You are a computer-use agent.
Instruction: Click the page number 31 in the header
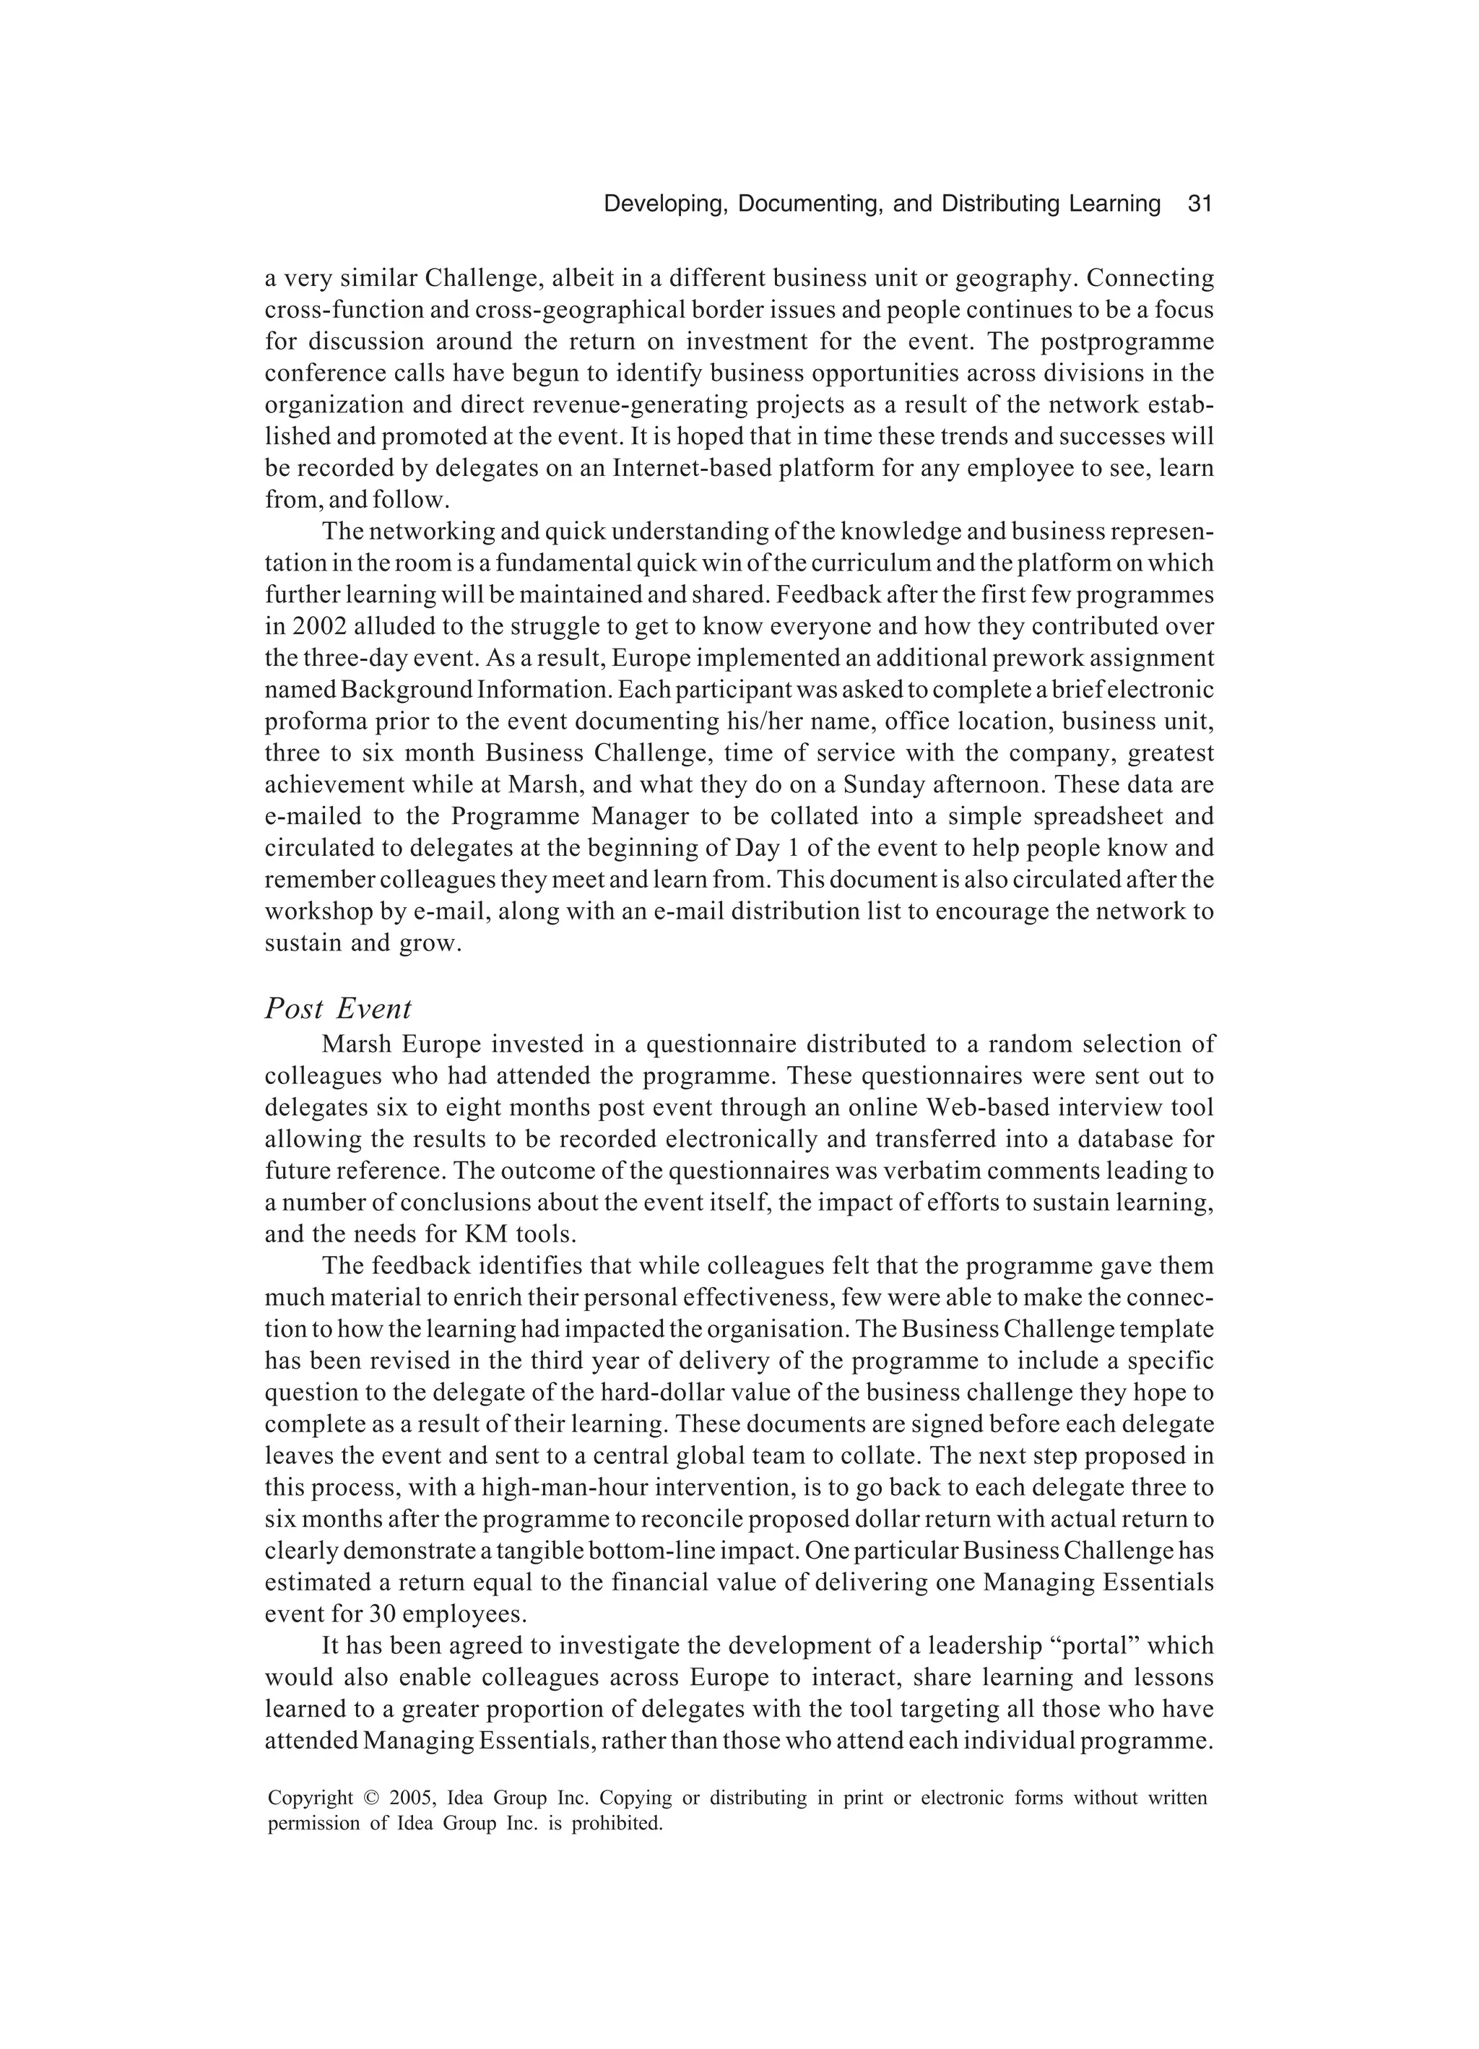[1198, 204]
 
